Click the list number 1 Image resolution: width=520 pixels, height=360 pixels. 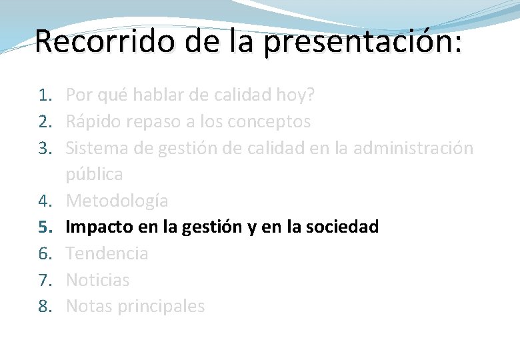[44, 95]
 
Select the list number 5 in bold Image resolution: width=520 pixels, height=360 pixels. [44, 227]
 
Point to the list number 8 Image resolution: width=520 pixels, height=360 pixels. [44, 307]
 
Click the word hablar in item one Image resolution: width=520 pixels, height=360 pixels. [161, 95]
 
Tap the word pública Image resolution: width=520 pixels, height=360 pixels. [94, 175]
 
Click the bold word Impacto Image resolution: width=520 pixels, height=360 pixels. [101, 227]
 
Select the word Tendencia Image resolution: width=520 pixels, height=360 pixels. [107, 253]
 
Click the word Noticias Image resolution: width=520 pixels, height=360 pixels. [98, 280]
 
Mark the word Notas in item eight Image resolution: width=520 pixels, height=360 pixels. [89, 307]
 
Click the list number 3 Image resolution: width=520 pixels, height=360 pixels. [44, 148]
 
